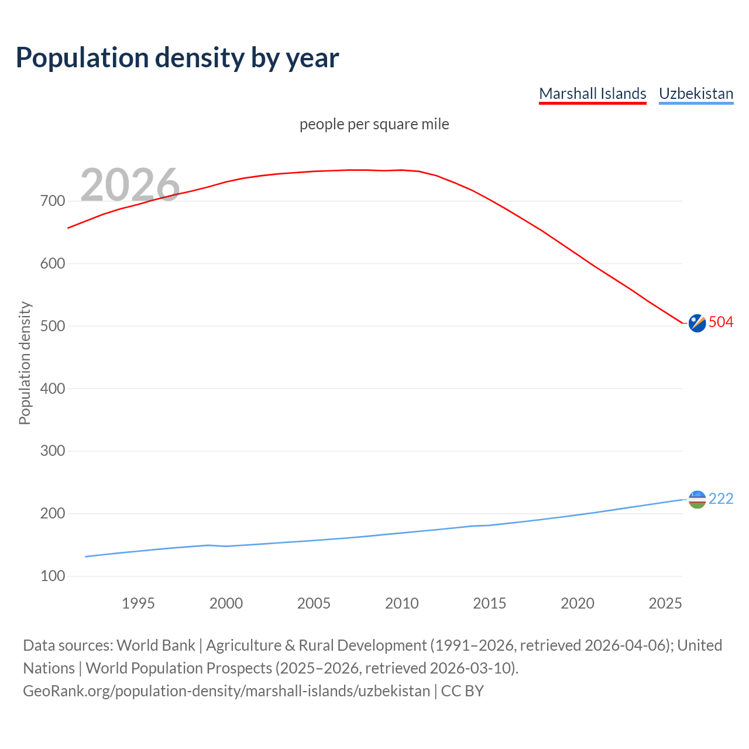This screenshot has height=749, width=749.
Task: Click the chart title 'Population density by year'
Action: tap(177, 57)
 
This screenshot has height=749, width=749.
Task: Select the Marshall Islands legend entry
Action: tap(592, 94)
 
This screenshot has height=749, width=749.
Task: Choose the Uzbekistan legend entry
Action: tap(696, 94)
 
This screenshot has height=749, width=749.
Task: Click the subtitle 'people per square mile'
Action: tap(374, 125)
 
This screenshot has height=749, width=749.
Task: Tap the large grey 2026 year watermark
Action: tap(130, 185)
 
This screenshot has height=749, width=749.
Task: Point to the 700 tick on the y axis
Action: tap(53, 201)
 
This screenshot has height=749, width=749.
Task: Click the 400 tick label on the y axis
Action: tap(53, 389)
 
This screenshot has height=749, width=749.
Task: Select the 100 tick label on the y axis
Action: tap(53, 576)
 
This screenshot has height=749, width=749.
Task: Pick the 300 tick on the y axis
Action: tap(53, 451)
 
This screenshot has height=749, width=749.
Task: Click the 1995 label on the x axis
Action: tap(138, 603)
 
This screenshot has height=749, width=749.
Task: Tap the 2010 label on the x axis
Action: tap(401, 603)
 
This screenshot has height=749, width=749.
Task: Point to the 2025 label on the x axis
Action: tap(665, 603)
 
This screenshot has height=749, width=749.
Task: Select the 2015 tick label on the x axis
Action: tap(489, 603)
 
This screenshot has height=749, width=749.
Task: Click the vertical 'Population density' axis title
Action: tap(25, 363)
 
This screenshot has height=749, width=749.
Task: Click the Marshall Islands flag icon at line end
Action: tap(697, 322)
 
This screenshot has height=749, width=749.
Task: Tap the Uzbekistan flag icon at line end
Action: tap(697, 499)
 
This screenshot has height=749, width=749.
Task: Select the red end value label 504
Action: tap(721, 322)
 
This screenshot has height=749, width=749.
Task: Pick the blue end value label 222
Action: tap(721, 499)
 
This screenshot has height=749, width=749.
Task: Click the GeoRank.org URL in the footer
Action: tap(226, 691)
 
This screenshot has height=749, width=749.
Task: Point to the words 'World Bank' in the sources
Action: tap(156, 645)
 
